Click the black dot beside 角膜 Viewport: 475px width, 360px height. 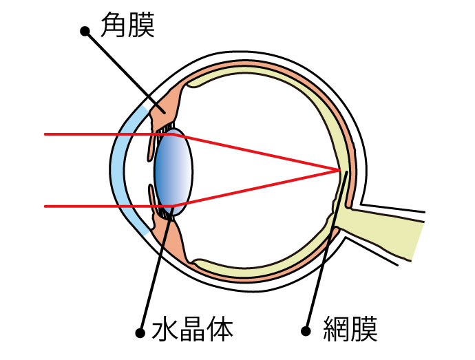[x=85, y=30]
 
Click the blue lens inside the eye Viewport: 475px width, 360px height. [x=173, y=171]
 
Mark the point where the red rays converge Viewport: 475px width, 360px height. [x=339, y=170]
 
